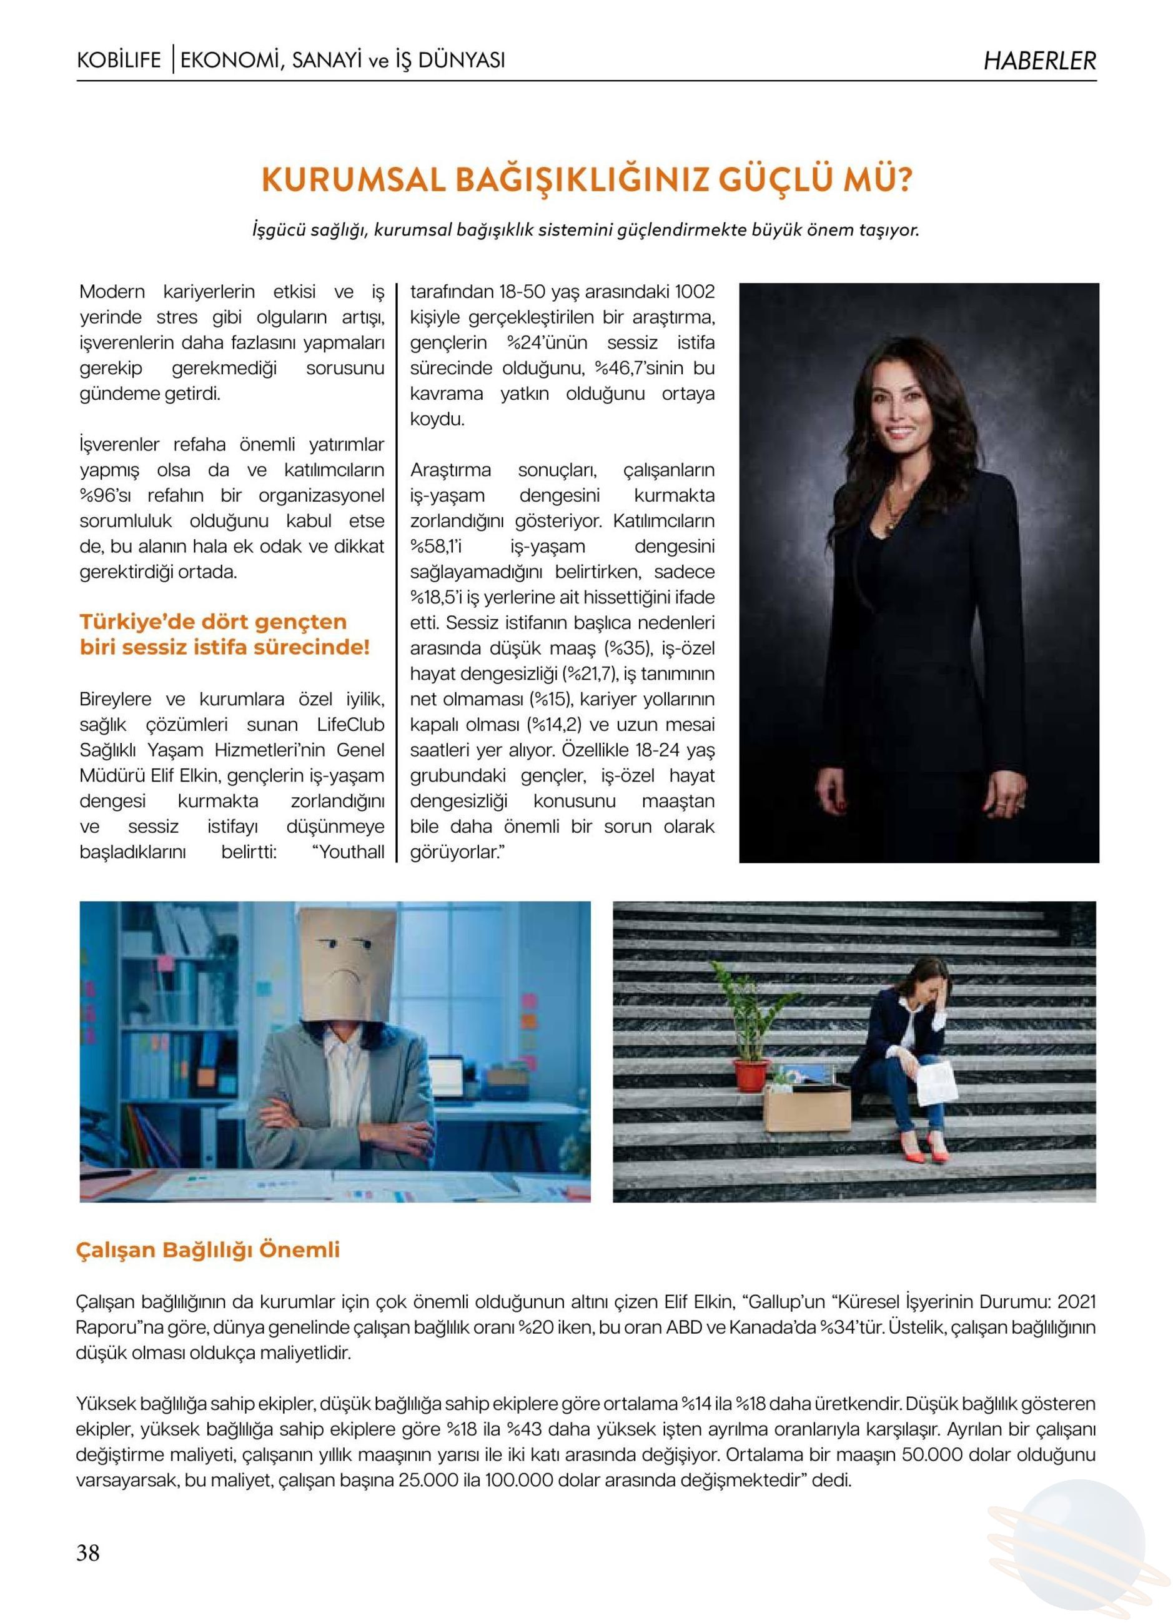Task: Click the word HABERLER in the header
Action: coord(1039,61)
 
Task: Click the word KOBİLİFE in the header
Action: coord(119,60)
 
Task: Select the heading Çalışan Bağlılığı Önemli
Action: coord(207,1250)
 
